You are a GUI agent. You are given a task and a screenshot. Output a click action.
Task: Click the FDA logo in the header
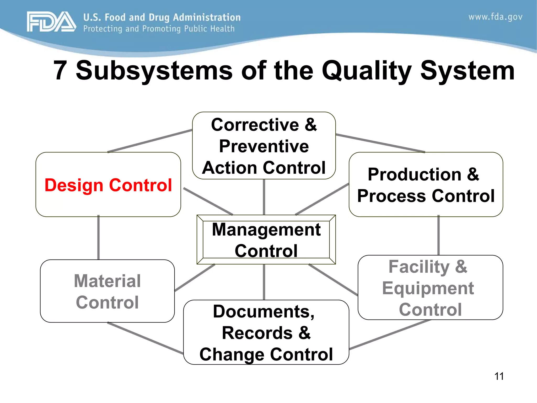[x=51, y=22]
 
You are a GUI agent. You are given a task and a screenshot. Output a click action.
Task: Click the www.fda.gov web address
[x=495, y=17]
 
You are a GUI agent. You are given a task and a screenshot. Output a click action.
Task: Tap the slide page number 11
[x=499, y=376]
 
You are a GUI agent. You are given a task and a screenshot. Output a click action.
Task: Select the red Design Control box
[x=108, y=185]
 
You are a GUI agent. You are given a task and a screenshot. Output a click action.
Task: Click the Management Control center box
[x=266, y=240]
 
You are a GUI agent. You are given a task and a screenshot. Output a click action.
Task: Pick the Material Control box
[x=107, y=291]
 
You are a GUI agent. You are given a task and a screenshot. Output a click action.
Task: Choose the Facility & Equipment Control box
[x=430, y=288]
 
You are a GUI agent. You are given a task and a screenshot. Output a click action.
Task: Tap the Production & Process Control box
[x=426, y=185]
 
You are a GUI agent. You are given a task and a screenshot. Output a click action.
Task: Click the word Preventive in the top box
[x=264, y=146]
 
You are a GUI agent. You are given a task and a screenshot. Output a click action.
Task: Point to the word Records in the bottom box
[x=257, y=333]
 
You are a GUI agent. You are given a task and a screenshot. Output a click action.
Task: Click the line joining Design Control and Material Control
[x=98, y=238]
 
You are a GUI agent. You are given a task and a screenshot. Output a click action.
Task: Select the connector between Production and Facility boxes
[x=438, y=235]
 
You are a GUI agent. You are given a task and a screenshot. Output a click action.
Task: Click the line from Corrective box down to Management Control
[x=264, y=197]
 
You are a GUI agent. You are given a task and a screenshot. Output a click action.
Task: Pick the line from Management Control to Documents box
[x=264, y=282]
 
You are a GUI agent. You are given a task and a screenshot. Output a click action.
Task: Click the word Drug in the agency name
[x=159, y=17]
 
